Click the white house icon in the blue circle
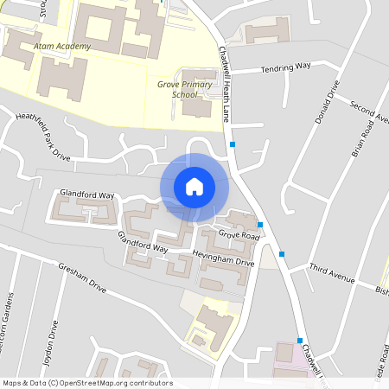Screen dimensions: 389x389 194,187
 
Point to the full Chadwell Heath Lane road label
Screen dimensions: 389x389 226,84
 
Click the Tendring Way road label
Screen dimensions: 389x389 284,67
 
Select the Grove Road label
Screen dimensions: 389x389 239,235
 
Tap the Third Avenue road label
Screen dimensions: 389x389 332,275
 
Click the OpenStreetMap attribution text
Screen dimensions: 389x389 87,383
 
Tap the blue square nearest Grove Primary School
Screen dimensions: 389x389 233,143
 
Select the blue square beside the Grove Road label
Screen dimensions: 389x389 260,225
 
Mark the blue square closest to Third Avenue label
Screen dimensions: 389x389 281,254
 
